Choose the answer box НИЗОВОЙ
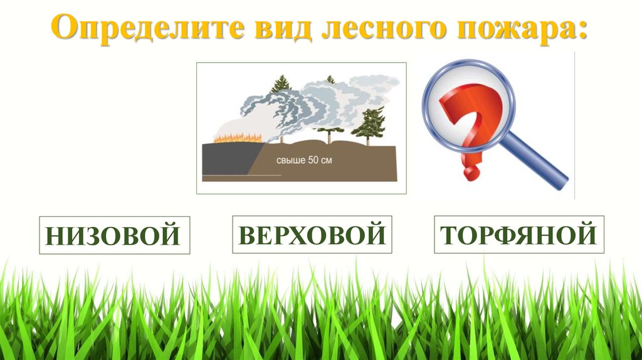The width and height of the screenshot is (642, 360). point(114,236)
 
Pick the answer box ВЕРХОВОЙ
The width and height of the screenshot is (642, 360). point(312,235)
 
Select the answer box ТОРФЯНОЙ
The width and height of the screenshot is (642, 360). point(518,235)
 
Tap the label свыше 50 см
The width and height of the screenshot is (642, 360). point(304,161)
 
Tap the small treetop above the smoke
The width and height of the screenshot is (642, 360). point(330,80)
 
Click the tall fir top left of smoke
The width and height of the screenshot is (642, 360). point(280,85)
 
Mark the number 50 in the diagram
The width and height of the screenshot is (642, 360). point(314,161)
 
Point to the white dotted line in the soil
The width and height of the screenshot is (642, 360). point(232,175)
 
